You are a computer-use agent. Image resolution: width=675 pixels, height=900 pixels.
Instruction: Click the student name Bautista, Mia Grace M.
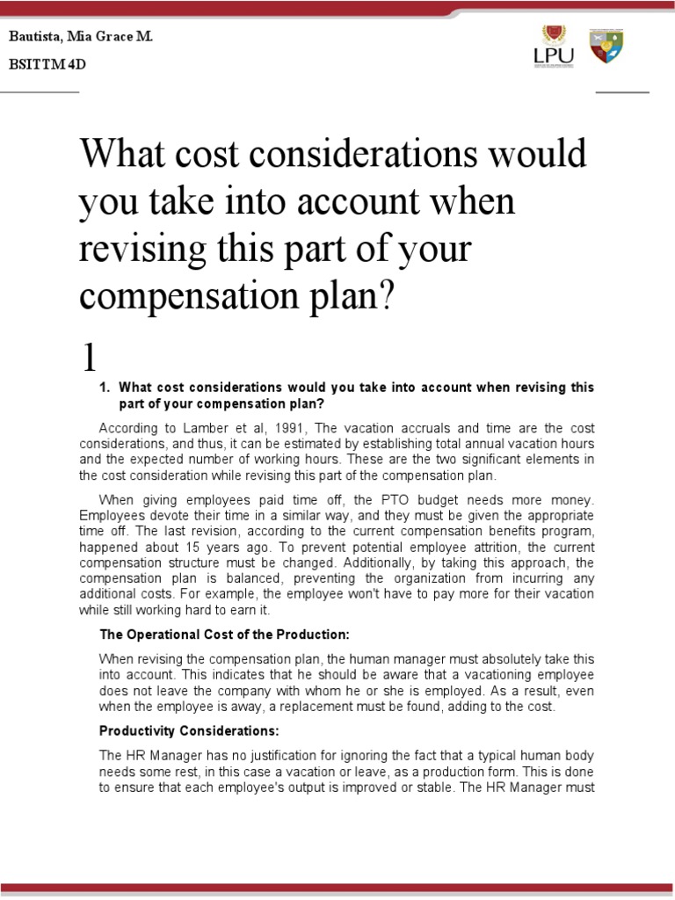[80, 38]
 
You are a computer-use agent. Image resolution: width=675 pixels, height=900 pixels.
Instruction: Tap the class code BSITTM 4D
[47, 65]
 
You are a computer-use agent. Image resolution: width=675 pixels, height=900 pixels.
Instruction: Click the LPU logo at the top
[554, 46]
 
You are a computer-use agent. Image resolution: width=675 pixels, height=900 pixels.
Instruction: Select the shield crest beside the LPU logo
[606, 46]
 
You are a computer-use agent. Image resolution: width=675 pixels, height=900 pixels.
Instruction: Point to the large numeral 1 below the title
[89, 357]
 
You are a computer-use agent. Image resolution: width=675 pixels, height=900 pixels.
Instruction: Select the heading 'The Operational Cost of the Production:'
[224, 635]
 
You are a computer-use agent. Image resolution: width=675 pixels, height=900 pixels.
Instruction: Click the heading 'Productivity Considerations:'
[189, 730]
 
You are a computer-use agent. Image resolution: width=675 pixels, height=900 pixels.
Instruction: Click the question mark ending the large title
[388, 297]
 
